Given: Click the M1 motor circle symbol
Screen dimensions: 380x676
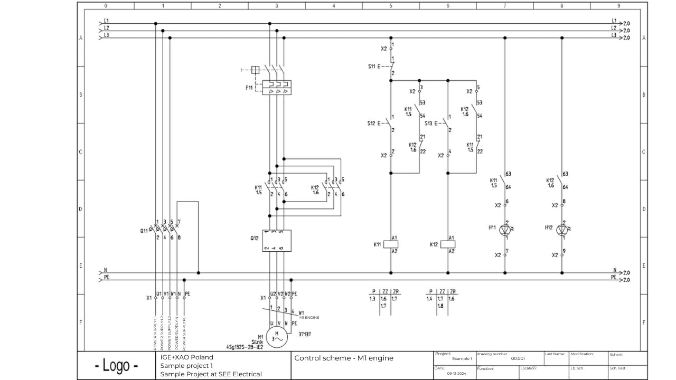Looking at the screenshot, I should tap(276, 337).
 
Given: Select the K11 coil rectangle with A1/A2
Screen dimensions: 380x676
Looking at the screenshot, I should tap(391, 244).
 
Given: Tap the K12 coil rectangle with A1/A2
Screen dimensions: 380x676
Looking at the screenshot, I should tap(448, 244).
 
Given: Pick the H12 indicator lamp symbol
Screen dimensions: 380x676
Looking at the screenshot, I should tap(562, 230).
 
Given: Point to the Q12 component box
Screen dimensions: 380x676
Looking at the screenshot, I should tap(277, 241).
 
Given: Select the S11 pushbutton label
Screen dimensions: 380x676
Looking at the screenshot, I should tap(372, 66).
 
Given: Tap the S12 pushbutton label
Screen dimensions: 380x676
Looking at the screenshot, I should tap(372, 123).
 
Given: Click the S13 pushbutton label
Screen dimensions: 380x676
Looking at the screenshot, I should tap(429, 123).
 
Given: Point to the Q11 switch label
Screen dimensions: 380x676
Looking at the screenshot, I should tap(144, 230).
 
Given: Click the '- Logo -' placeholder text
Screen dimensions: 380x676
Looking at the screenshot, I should tap(116, 365).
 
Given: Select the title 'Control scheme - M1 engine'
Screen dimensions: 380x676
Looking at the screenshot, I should tap(344, 358).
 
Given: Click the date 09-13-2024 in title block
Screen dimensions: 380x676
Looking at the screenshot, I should tap(456, 373).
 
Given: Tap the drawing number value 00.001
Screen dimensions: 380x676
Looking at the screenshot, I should tap(518, 358).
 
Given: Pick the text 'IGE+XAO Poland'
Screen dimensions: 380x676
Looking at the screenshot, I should tap(187, 357).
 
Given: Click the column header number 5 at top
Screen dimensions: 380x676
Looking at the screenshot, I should tap(391, 6).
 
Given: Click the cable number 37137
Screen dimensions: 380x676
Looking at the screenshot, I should tap(305, 334).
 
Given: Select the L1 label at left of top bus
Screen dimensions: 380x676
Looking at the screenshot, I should tap(106, 21).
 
